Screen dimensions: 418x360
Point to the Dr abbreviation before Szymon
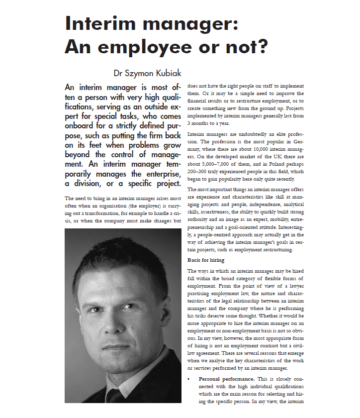(x=118, y=73)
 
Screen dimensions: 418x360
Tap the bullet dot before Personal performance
(x=189, y=379)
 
